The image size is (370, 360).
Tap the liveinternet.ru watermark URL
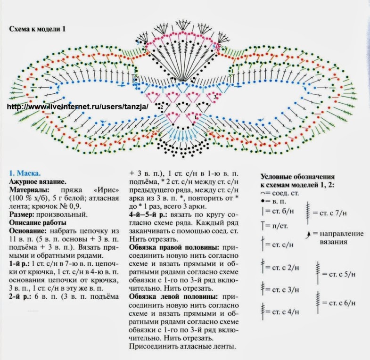[78, 107]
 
